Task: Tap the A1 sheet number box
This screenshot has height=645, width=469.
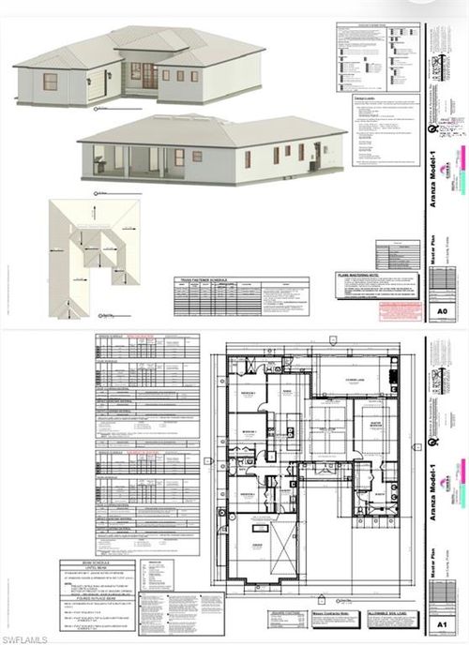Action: click(442, 622)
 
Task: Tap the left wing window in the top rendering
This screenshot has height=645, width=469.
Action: click(50, 82)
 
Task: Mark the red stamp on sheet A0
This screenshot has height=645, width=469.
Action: click(398, 308)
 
